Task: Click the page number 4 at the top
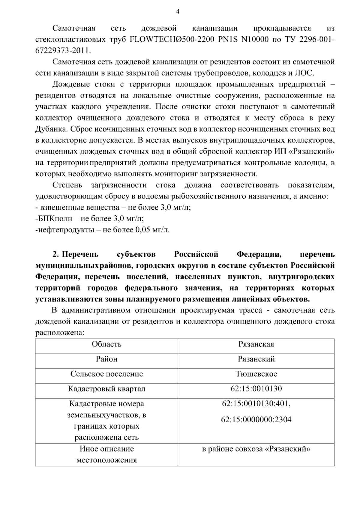point(178,12)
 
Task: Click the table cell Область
point(106,344)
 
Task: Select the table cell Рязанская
point(256,344)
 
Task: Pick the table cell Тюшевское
point(256,374)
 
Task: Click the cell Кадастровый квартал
point(106,389)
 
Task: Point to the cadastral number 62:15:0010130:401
point(256,404)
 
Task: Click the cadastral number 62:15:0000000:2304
point(256,420)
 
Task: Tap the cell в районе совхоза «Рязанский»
point(256,449)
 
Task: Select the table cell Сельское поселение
point(106,374)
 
